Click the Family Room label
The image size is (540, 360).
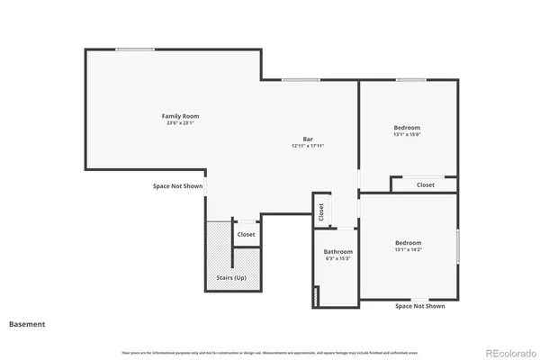[x=180, y=116]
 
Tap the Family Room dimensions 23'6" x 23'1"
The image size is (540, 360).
[x=180, y=123]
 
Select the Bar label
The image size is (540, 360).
[x=307, y=139]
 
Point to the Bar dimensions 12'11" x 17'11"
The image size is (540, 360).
[x=307, y=146]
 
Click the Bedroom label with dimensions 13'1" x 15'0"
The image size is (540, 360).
[x=407, y=128]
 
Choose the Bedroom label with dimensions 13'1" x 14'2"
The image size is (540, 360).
[x=408, y=242]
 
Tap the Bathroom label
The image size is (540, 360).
[x=338, y=252]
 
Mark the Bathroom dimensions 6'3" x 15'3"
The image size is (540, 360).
[x=338, y=259]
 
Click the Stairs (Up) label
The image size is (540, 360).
[x=233, y=278]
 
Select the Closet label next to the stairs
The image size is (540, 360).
[x=246, y=235]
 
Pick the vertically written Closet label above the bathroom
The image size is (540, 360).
[x=320, y=211]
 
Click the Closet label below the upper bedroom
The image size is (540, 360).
[x=426, y=184]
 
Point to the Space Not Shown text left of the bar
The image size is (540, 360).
[x=177, y=186]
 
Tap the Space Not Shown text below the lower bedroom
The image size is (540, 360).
[x=420, y=306]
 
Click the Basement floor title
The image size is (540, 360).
[x=27, y=323]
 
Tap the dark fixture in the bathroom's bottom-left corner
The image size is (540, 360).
[x=316, y=296]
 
